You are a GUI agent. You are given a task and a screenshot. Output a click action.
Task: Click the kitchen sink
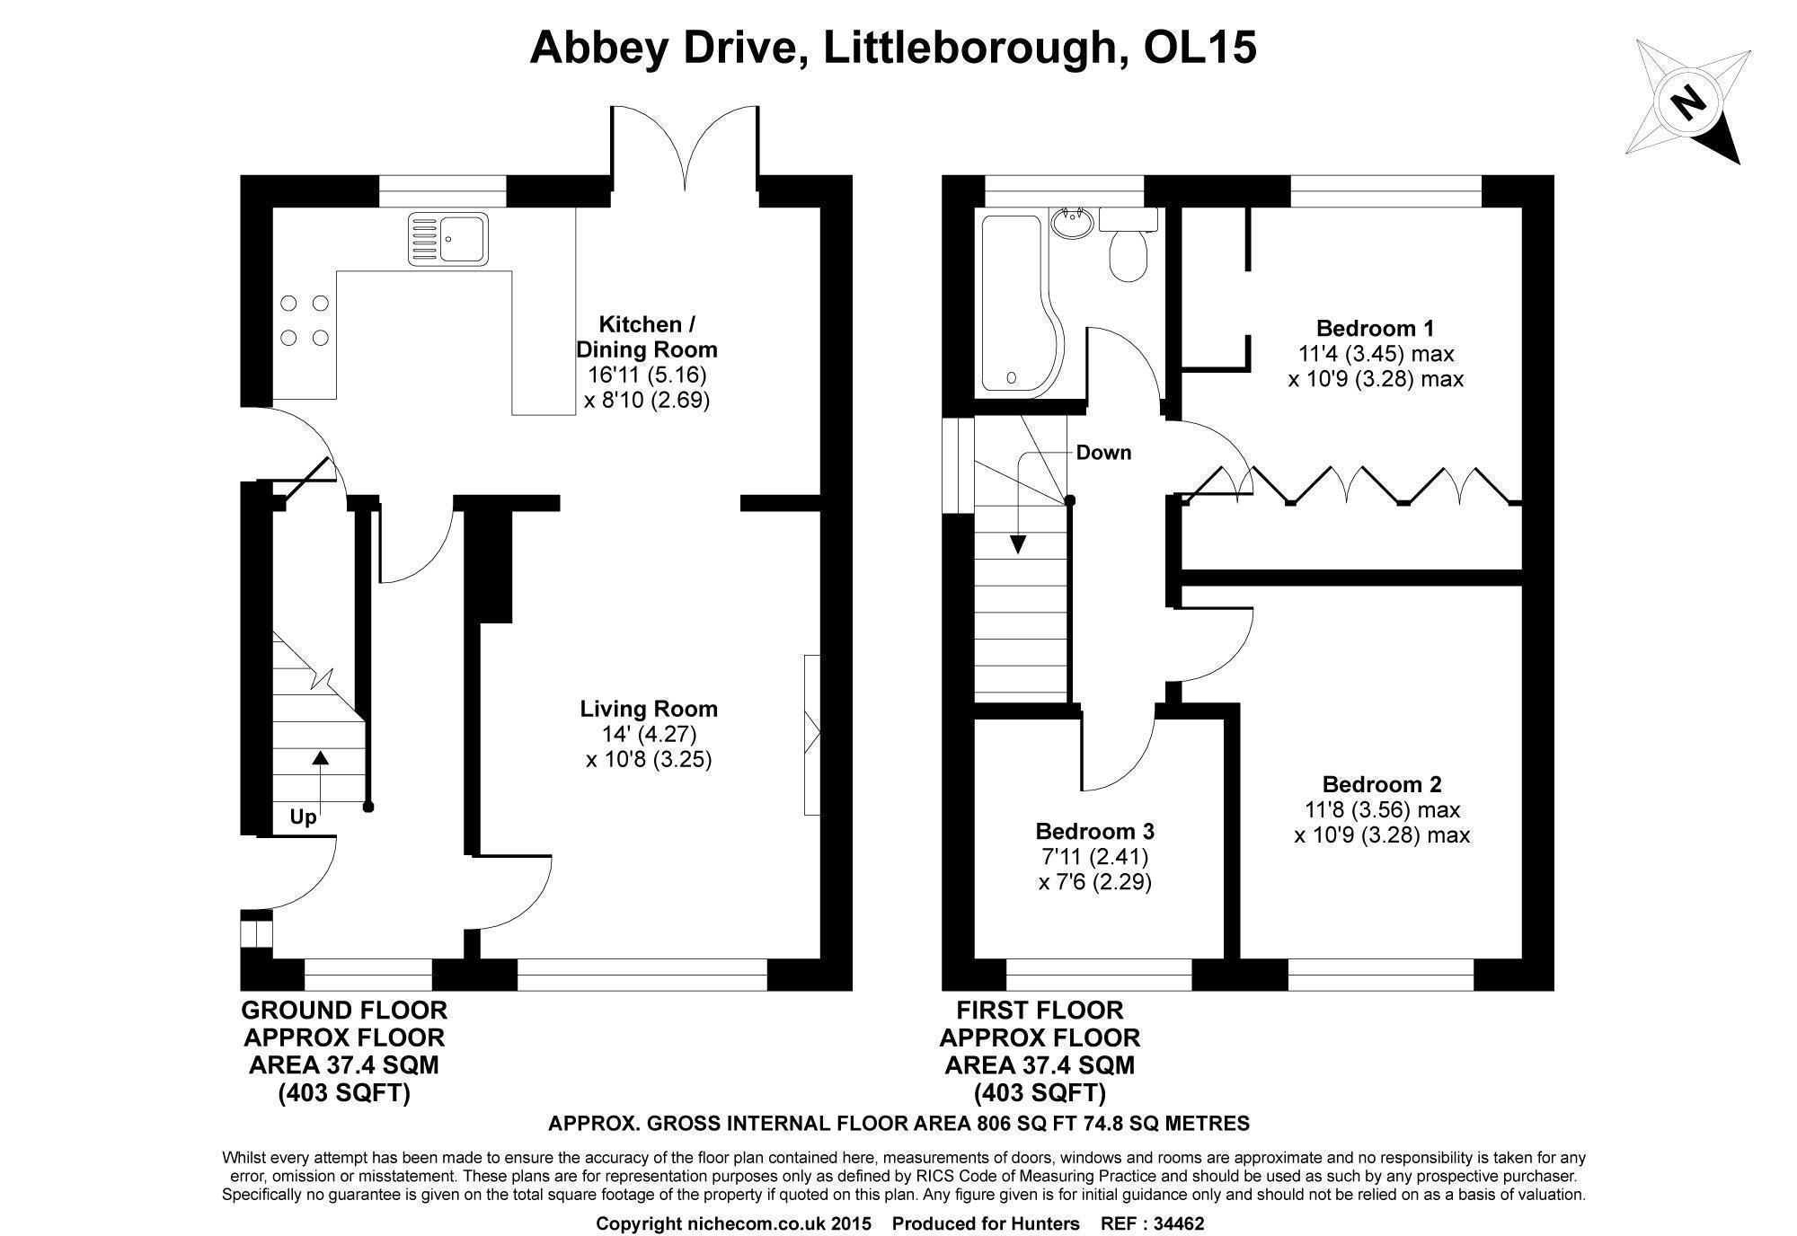447,238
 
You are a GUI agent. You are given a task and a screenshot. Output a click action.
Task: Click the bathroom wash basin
1071,224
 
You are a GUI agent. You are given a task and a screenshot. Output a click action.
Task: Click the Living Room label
648,709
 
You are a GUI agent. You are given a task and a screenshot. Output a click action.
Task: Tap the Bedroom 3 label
1094,830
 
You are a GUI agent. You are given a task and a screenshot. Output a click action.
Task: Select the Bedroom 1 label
1375,328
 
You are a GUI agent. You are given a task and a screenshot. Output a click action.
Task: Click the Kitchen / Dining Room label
647,337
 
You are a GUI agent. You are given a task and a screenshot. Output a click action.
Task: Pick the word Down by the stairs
1103,453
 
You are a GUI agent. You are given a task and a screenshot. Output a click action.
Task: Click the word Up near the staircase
303,817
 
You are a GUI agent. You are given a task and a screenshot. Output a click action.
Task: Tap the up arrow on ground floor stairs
319,772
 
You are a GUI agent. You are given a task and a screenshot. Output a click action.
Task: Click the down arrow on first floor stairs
1018,539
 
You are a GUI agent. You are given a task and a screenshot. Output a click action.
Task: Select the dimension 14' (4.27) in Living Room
649,735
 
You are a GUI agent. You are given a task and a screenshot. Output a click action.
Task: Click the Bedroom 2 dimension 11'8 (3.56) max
1382,810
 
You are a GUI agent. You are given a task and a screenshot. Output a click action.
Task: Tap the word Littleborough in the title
969,48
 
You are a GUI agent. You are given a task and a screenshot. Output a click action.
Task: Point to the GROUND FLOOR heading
344,1010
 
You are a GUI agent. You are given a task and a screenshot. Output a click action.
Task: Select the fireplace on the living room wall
812,735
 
